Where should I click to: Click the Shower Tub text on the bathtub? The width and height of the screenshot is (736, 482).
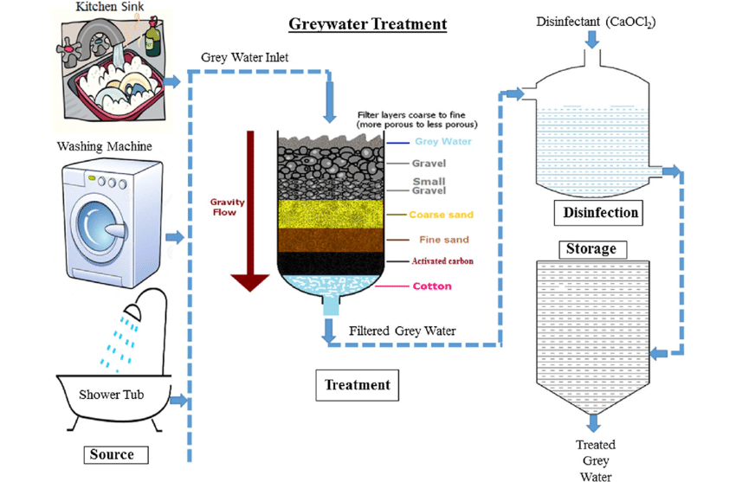[x=112, y=395]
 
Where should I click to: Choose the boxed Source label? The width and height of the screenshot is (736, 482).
[x=112, y=454]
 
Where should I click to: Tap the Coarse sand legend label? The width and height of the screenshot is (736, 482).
[x=442, y=215]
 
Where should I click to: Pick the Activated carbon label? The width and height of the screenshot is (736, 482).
[x=442, y=260]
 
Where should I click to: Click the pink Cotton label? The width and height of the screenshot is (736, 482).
[x=432, y=286]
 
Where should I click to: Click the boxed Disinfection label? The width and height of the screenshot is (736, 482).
[x=600, y=212]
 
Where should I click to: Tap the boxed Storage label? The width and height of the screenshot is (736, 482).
[x=591, y=249]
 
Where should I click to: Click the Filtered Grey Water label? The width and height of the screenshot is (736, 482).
[x=403, y=331]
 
